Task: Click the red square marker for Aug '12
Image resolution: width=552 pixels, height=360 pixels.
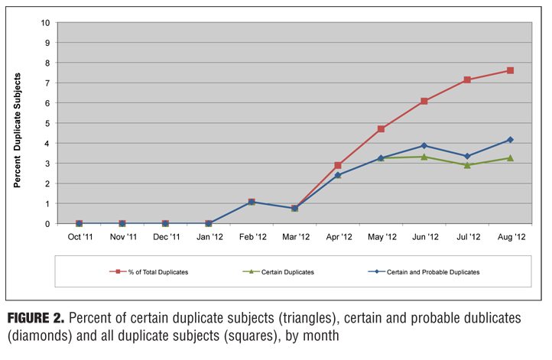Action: coord(510,70)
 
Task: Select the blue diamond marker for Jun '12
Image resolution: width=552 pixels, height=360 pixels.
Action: coord(424,145)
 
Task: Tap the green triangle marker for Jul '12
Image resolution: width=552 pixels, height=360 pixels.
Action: coord(467,164)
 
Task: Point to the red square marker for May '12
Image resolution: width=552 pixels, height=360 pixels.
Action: coord(381,129)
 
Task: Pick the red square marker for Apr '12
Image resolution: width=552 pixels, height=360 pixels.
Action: coord(337,165)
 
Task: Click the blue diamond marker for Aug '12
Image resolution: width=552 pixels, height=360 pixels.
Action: coord(510,140)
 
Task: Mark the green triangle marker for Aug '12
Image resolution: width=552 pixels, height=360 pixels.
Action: coord(510,158)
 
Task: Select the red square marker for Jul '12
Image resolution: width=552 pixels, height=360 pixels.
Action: coord(467,79)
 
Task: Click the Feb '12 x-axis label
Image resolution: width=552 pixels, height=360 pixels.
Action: coord(252,238)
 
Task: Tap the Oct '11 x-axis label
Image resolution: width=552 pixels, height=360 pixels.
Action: coord(79,238)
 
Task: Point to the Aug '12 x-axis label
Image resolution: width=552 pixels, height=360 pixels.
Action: coord(510,238)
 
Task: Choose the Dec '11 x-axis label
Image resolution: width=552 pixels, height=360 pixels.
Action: coord(165,238)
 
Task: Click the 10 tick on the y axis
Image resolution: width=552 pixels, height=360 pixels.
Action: coord(47,22)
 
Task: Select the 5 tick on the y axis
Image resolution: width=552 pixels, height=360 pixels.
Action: coord(48,123)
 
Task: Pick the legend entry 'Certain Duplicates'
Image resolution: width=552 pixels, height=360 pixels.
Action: coord(286,272)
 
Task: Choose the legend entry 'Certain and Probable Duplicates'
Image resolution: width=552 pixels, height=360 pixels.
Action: coord(433,272)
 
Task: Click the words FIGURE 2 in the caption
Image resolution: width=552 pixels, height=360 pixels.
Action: coord(39,316)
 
